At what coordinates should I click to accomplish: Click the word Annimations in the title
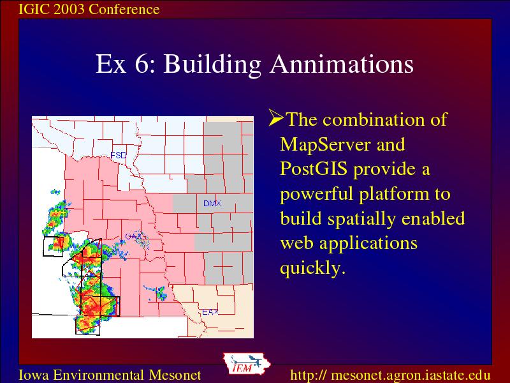pyautogui.click(x=342, y=64)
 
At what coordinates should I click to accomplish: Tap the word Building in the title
pyautogui.click(x=212, y=64)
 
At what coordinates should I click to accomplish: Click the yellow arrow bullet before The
pyautogui.click(x=276, y=118)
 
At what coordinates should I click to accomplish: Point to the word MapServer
pyautogui.click(x=325, y=144)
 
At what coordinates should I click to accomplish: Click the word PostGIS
pyautogui.click(x=314, y=169)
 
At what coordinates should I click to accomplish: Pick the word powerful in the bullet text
pyautogui.click(x=316, y=195)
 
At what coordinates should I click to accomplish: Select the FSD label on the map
pyautogui.click(x=119, y=155)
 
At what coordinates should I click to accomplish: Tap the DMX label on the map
pyautogui.click(x=212, y=204)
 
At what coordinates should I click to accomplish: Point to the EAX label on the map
pyautogui.click(x=210, y=312)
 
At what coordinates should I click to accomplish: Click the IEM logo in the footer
pyautogui.click(x=247, y=364)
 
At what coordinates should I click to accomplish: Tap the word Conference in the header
pyautogui.click(x=124, y=9)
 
